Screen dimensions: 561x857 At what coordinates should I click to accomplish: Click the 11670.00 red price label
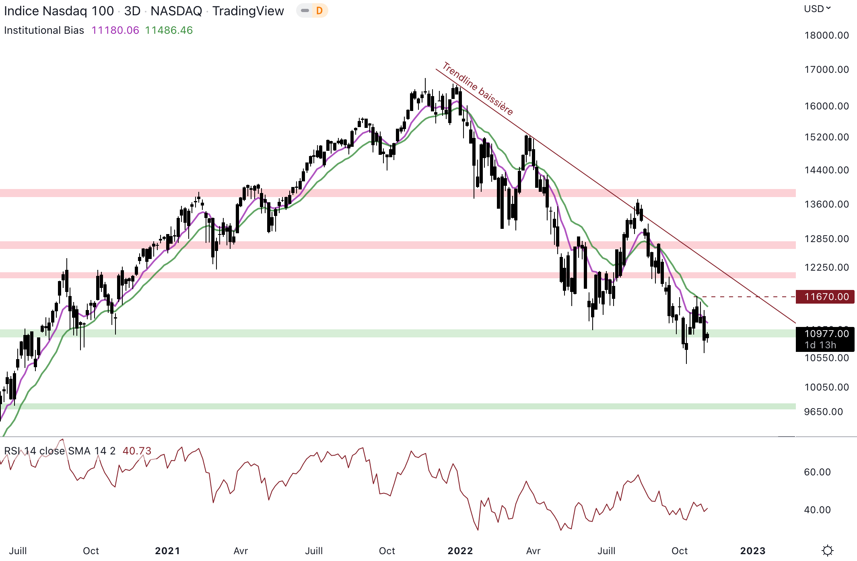[826, 297]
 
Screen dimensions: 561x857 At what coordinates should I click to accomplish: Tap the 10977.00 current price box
[826, 334]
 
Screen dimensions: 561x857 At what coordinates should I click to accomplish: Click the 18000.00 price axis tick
[826, 35]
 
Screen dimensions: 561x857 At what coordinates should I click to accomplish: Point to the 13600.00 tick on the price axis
[826, 204]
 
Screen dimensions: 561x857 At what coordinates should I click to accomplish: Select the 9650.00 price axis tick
[823, 412]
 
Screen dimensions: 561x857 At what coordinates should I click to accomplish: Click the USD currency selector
[817, 9]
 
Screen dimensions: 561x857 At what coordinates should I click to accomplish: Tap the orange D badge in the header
[319, 11]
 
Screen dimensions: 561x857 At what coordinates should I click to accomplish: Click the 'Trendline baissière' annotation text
[478, 88]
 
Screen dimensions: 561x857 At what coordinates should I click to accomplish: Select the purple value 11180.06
[115, 30]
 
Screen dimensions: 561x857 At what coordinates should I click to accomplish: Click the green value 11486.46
[169, 30]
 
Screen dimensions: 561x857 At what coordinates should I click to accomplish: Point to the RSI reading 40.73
[137, 451]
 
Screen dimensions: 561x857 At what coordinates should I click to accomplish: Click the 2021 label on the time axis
[167, 551]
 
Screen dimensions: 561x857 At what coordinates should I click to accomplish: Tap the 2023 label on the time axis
[752, 551]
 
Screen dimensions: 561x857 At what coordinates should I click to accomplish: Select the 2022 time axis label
[460, 551]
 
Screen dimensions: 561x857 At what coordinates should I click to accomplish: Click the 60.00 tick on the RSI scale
[817, 472]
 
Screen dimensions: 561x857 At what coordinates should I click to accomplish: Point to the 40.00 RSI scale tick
[817, 510]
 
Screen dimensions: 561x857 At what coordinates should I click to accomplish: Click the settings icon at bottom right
[827, 550]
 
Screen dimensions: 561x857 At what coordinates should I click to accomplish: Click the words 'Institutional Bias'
[44, 30]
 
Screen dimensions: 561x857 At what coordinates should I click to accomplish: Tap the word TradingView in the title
[248, 11]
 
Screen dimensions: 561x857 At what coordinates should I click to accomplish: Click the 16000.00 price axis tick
[826, 106]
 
